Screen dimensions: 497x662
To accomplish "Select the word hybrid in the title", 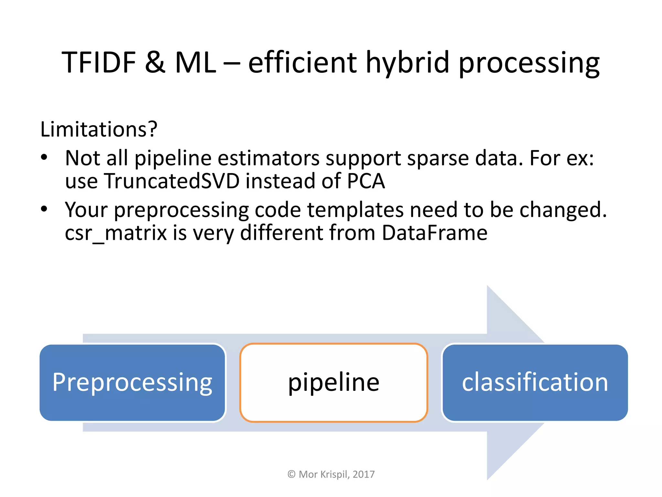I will pyautogui.click(x=407, y=63).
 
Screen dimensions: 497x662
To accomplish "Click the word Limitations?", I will pyautogui.click(x=99, y=129).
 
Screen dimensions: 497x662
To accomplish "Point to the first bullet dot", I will pyautogui.click(x=44, y=158).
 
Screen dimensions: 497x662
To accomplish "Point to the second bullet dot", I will pyautogui.click(x=44, y=209).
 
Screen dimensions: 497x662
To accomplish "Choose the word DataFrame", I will pyautogui.click(x=434, y=233).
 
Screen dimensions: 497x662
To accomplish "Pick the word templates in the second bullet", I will pyautogui.click(x=355, y=210).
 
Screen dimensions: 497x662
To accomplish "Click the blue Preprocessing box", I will pyautogui.click(x=132, y=382).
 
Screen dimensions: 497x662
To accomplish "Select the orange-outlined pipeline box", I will pyautogui.click(x=334, y=382).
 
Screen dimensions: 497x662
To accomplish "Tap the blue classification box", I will pyautogui.click(x=535, y=382).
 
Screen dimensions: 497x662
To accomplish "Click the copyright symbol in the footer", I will pyautogui.click(x=291, y=474).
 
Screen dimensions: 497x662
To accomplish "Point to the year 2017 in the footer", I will pyautogui.click(x=364, y=474).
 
